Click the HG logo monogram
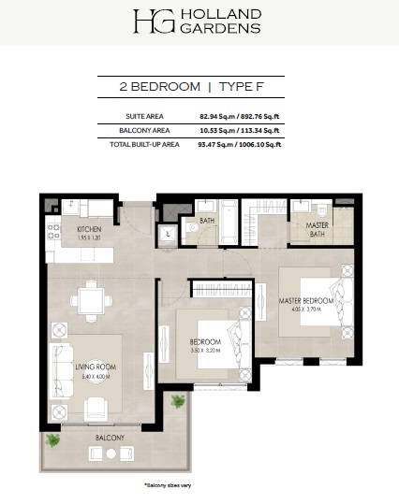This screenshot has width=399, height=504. (147, 23)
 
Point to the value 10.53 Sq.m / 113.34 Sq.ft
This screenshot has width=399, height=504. (240, 131)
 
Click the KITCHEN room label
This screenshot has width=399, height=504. (90, 228)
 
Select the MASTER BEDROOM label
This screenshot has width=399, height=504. (305, 300)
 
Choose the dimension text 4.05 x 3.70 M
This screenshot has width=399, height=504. (305, 308)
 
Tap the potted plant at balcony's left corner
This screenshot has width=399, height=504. (54, 439)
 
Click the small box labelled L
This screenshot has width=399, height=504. (168, 235)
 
